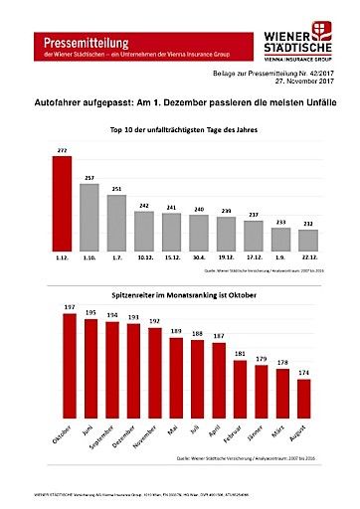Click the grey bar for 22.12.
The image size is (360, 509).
[308, 240]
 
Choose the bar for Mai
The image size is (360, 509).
[176, 379]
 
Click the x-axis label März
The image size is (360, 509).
[280, 434]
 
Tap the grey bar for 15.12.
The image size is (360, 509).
[172, 233]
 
